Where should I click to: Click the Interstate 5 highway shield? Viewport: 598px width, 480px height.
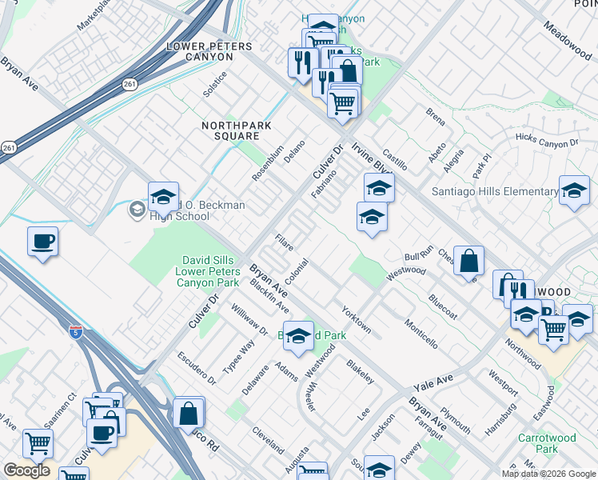pyautogui.click(x=76, y=330)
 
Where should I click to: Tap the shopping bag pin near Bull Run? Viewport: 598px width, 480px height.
pyautogui.click(x=468, y=261)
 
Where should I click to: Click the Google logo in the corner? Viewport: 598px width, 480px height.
pyautogui.click(x=26, y=470)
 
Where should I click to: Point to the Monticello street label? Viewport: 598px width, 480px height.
pyautogui.click(x=421, y=332)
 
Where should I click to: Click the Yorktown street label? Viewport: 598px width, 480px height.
pyautogui.click(x=357, y=318)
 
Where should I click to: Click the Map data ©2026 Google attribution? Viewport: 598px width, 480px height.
pyautogui.click(x=548, y=474)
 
